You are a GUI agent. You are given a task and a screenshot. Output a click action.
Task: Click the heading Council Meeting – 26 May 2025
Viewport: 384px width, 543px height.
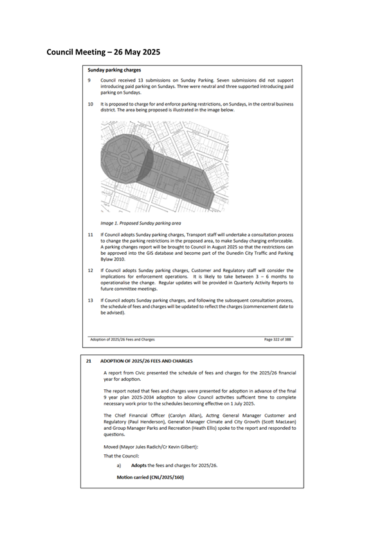pos(103,52)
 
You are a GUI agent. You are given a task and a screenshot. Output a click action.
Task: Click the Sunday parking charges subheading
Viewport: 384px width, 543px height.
pos(114,70)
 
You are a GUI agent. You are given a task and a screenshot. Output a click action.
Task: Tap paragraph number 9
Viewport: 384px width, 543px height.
pos(89,80)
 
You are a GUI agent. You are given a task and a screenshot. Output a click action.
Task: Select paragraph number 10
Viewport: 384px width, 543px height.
pos(91,104)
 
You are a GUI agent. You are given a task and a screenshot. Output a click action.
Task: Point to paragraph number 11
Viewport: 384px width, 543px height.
pos(91,235)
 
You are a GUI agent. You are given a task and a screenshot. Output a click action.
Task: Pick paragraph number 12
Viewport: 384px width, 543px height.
pos(91,270)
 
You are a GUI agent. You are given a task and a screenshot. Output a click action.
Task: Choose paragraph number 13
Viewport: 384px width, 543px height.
pos(91,300)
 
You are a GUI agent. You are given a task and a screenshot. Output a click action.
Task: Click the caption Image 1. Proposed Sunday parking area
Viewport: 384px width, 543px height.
pos(141,223)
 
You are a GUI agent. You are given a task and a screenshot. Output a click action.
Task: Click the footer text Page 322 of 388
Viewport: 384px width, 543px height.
pos(277,340)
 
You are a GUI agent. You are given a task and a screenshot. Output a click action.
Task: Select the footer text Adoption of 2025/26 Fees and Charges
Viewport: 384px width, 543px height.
pos(122,340)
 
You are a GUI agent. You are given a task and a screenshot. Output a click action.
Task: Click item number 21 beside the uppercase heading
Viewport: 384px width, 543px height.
pos(89,361)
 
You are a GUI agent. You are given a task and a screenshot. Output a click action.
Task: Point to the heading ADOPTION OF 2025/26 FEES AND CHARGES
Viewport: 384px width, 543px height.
pos(147,361)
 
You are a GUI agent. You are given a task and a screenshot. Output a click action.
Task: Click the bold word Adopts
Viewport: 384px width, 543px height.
pos(138,465)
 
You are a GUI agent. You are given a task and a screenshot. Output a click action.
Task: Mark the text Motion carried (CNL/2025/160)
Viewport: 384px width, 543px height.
pos(151,477)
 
